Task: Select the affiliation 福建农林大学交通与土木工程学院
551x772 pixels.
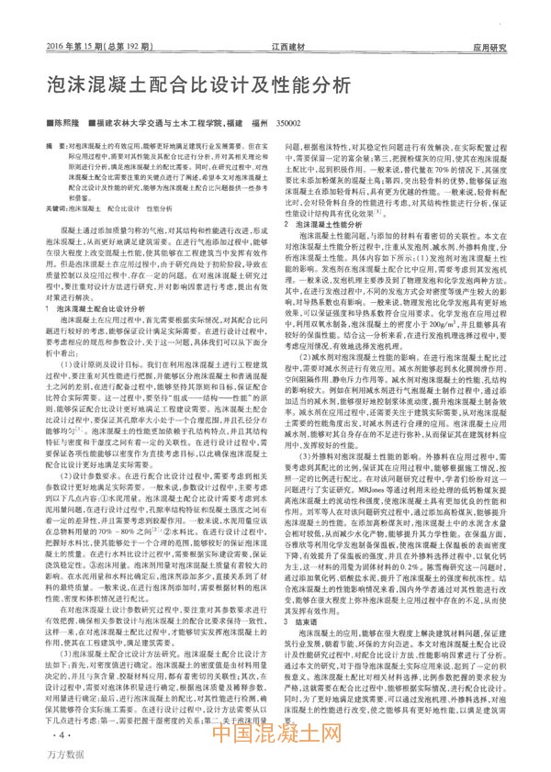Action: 152,121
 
